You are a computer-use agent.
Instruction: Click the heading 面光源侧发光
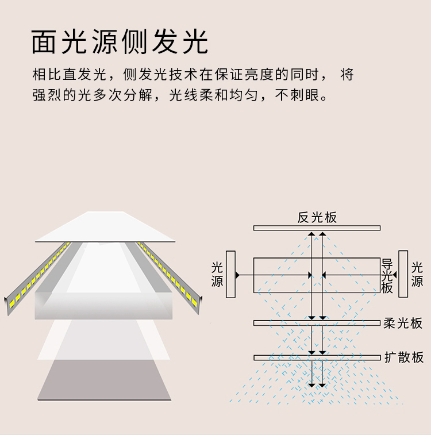120,41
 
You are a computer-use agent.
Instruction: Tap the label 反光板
317,217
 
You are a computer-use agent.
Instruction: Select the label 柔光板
403,324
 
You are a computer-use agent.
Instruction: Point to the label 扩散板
404,357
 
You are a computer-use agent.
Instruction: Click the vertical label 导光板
387,276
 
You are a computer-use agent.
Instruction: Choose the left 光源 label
217,275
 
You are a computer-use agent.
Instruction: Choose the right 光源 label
417,275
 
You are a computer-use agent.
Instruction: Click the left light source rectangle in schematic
231,274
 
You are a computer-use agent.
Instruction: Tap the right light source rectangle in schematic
403,274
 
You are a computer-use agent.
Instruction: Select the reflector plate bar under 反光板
317,228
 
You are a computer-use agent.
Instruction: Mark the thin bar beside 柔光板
317,323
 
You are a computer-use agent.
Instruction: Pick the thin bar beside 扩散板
317,357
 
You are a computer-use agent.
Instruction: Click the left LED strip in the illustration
37,278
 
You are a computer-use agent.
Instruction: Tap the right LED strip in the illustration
169,278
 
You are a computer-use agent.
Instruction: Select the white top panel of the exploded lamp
105,226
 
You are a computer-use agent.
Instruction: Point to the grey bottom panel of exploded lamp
104,380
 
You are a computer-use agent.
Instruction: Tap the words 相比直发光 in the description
70,74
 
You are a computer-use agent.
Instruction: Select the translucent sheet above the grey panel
103,340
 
